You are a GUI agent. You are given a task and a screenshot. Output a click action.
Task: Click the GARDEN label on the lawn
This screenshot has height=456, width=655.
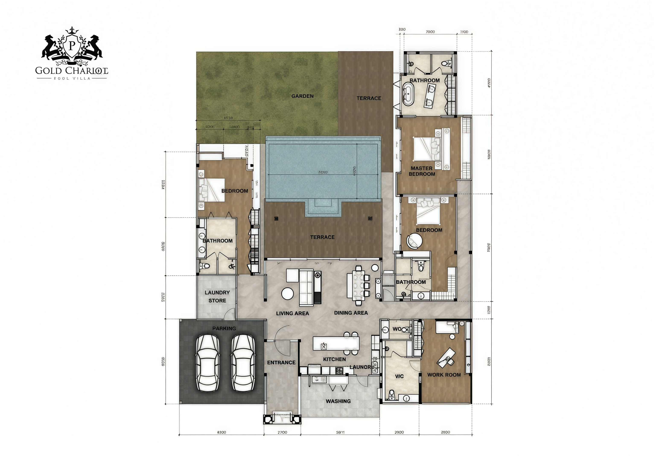click(302, 96)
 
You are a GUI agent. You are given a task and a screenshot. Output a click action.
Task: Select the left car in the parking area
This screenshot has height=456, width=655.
click(207, 363)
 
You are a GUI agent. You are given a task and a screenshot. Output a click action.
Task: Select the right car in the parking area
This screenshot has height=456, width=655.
click(243, 363)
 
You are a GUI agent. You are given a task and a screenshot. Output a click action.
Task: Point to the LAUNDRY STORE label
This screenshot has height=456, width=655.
click(217, 296)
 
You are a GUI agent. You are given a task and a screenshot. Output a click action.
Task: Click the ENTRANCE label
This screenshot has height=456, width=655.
click(281, 363)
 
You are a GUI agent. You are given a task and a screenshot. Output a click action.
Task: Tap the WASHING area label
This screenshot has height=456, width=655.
click(338, 401)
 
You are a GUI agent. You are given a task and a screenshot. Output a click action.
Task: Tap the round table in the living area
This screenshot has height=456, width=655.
click(287, 294)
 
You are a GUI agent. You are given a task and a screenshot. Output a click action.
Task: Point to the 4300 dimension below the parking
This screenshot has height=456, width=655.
click(221, 432)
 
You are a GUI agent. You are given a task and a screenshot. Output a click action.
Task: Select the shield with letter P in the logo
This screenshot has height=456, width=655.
click(72, 46)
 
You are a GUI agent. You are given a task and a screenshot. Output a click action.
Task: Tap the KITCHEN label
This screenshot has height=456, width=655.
click(334, 359)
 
